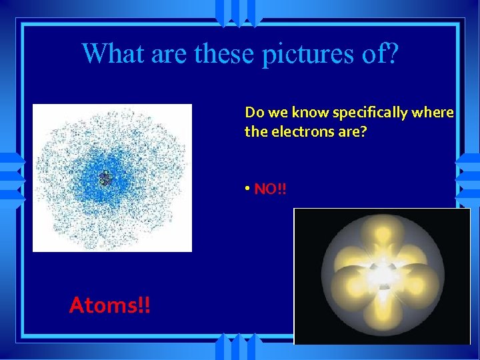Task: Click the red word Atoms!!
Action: point(110,305)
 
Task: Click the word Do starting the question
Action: point(253,112)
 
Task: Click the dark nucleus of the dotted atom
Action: point(105,178)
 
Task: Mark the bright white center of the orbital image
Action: point(382,273)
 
